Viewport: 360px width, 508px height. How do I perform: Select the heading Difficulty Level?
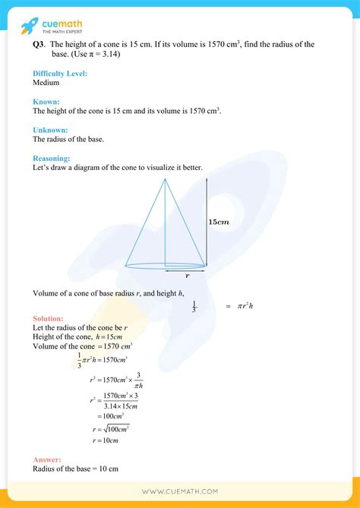[60, 73]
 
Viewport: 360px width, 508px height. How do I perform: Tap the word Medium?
[47, 83]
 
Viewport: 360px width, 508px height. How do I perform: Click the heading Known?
[46, 101]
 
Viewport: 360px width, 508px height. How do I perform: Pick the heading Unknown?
[51, 130]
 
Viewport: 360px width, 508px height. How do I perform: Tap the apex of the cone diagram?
[165, 178]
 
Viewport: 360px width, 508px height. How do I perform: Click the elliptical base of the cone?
[165, 266]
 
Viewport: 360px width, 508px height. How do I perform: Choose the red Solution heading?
[49, 318]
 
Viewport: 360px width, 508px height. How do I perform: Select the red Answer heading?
[47, 459]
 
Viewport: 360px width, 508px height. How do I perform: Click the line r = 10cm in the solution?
[106, 440]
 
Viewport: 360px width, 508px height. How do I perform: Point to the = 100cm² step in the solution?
[111, 416]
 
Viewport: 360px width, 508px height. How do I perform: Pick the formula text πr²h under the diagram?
[245, 305]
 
